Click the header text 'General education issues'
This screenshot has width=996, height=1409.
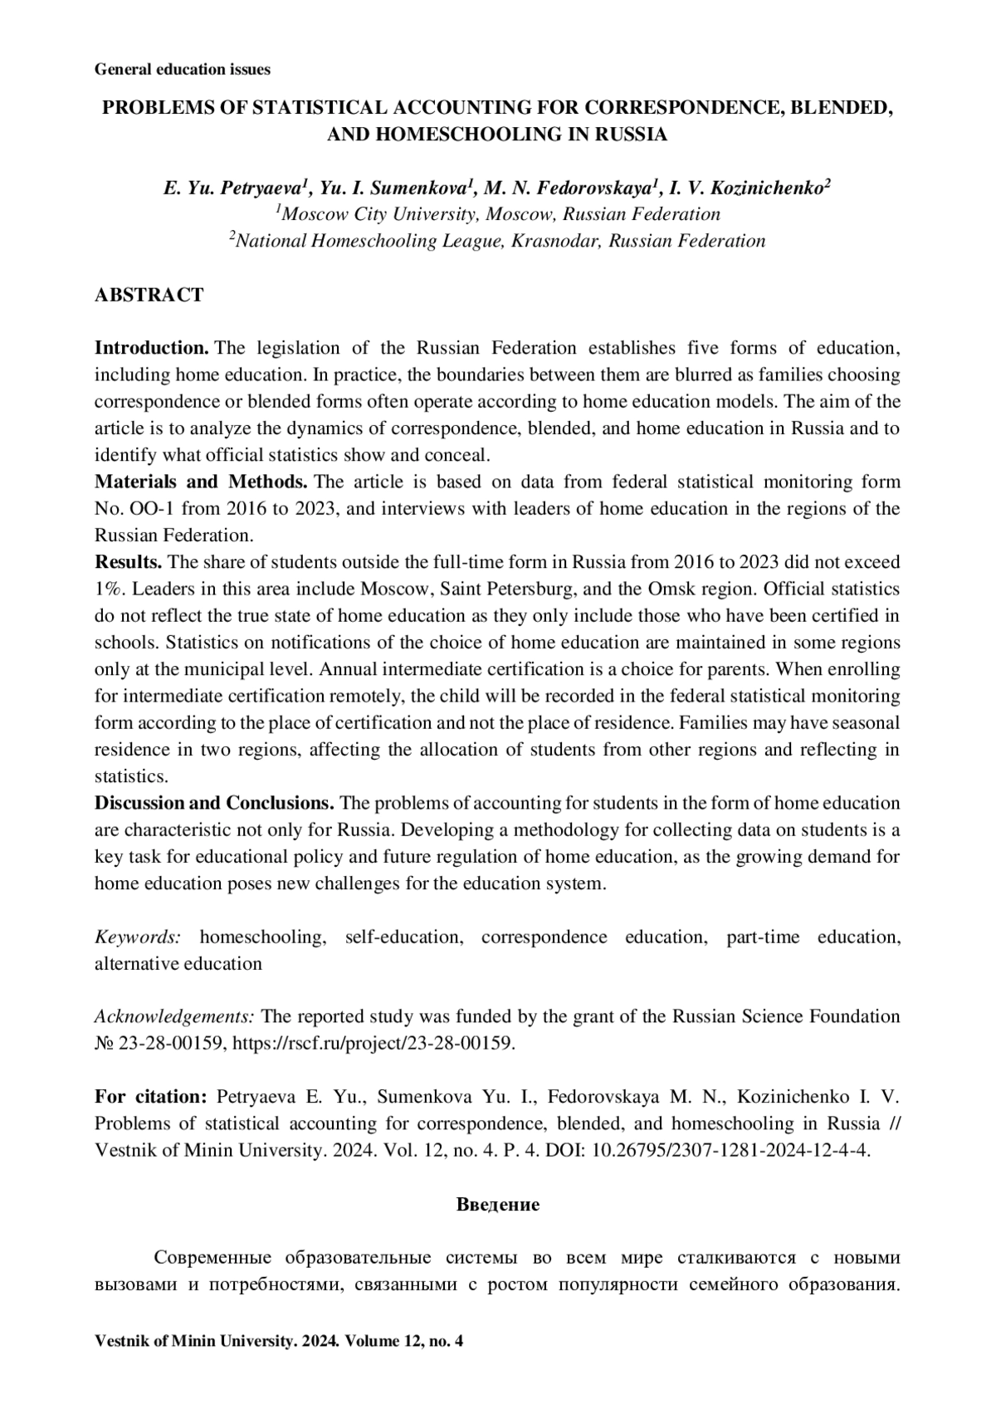[183, 70]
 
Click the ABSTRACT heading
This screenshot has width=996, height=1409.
[149, 295]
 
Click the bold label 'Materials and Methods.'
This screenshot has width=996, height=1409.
[202, 482]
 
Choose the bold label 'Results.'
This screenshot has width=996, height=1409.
[129, 562]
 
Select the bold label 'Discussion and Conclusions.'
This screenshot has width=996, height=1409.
[214, 804]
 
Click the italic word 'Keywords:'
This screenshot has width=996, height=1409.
[138, 937]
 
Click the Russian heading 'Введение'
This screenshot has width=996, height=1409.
[498, 1205]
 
